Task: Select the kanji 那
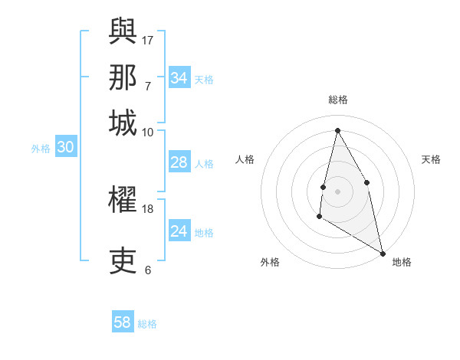(123, 77)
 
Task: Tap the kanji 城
(123, 123)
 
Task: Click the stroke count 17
(148, 40)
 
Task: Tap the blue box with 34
(179, 78)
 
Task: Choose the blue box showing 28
(179, 162)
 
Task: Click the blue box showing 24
(179, 231)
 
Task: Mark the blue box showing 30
(65, 148)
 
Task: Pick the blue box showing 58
(123, 322)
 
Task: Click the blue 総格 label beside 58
(147, 324)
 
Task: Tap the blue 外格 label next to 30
(41, 149)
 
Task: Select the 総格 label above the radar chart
(337, 100)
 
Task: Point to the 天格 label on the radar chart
(431, 159)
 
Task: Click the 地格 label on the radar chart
(402, 262)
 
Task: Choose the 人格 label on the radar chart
(245, 159)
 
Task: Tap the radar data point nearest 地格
(383, 252)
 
